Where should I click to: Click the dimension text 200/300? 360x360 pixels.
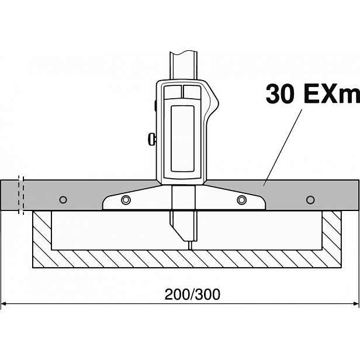[192, 294]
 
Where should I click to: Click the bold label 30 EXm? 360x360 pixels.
[313, 94]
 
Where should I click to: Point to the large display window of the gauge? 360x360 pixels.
[182, 139]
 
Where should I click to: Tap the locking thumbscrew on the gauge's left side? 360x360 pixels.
[152, 139]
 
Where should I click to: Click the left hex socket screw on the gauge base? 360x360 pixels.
[126, 200]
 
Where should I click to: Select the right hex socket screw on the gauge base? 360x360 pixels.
[242, 200]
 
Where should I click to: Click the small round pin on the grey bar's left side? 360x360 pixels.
[63, 200]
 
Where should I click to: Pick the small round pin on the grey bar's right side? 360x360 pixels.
[310, 200]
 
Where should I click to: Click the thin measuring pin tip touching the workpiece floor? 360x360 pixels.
[191, 245]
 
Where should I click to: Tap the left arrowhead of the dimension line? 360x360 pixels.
[4, 304]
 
